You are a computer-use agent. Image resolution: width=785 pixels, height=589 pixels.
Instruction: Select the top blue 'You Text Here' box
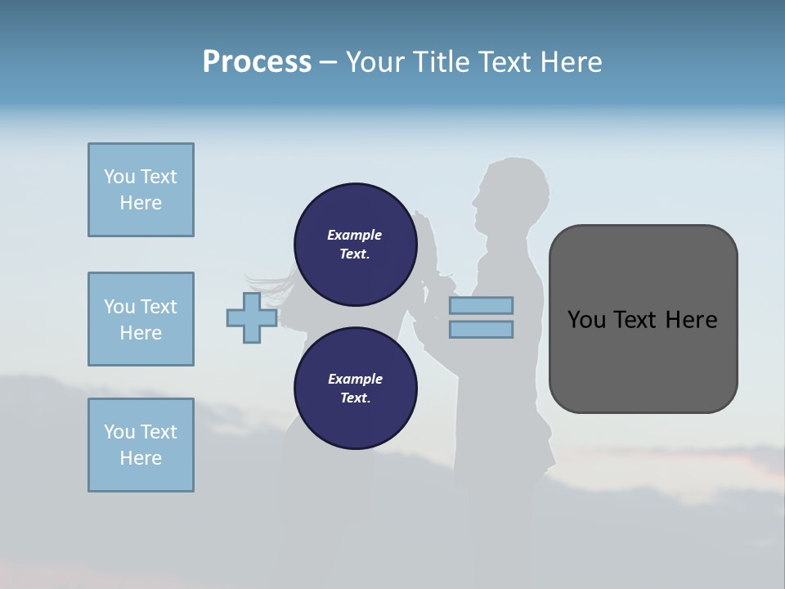(x=141, y=190)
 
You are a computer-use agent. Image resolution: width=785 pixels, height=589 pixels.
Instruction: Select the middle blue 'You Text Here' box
(x=141, y=319)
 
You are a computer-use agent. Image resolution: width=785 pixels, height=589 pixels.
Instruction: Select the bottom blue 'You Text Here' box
(x=141, y=445)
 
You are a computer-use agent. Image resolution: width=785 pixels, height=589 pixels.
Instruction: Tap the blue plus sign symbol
(x=252, y=318)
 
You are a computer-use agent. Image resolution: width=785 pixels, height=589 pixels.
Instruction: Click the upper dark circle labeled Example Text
(x=355, y=245)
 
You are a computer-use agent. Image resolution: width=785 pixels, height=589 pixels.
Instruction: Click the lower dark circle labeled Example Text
(x=355, y=389)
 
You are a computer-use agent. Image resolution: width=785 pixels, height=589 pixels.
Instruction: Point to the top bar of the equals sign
(x=481, y=306)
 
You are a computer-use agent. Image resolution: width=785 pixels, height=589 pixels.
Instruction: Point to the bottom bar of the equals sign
(x=481, y=330)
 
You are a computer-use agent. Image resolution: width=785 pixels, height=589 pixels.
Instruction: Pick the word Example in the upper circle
(x=355, y=235)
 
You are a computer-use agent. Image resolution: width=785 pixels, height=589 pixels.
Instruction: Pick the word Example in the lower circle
(x=355, y=379)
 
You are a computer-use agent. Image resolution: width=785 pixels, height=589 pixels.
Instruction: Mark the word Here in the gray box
(x=692, y=320)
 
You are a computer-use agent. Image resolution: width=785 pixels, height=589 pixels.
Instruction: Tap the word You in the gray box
(x=587, y=320)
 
